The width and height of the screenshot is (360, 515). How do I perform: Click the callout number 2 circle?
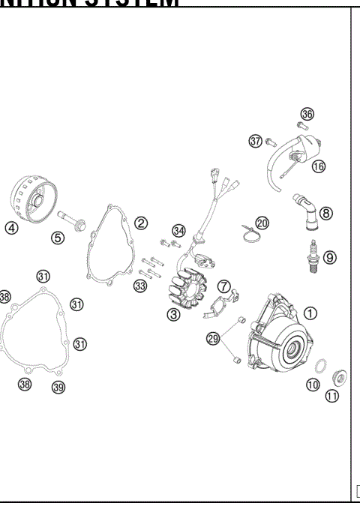(x=140, y=223)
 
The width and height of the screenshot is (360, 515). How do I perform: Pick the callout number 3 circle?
(x=174, y=315)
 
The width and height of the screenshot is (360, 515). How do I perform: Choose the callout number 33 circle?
(x=140, y=286)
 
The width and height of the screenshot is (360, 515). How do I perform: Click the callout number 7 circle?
(x=223, y=285)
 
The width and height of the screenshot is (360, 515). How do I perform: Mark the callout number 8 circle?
(x=325, y=212)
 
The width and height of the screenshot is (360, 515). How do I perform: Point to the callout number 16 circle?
(x=319, y=166)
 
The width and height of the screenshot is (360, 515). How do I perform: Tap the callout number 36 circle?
(x=307, y=114)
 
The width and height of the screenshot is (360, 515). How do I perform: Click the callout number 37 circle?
(x=256, y=140)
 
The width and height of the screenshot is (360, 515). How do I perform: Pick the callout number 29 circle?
(x=214, y=340)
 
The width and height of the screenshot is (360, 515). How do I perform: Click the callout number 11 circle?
(x=331, y=397)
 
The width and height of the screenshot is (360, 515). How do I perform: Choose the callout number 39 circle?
(x=58, y=387)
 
